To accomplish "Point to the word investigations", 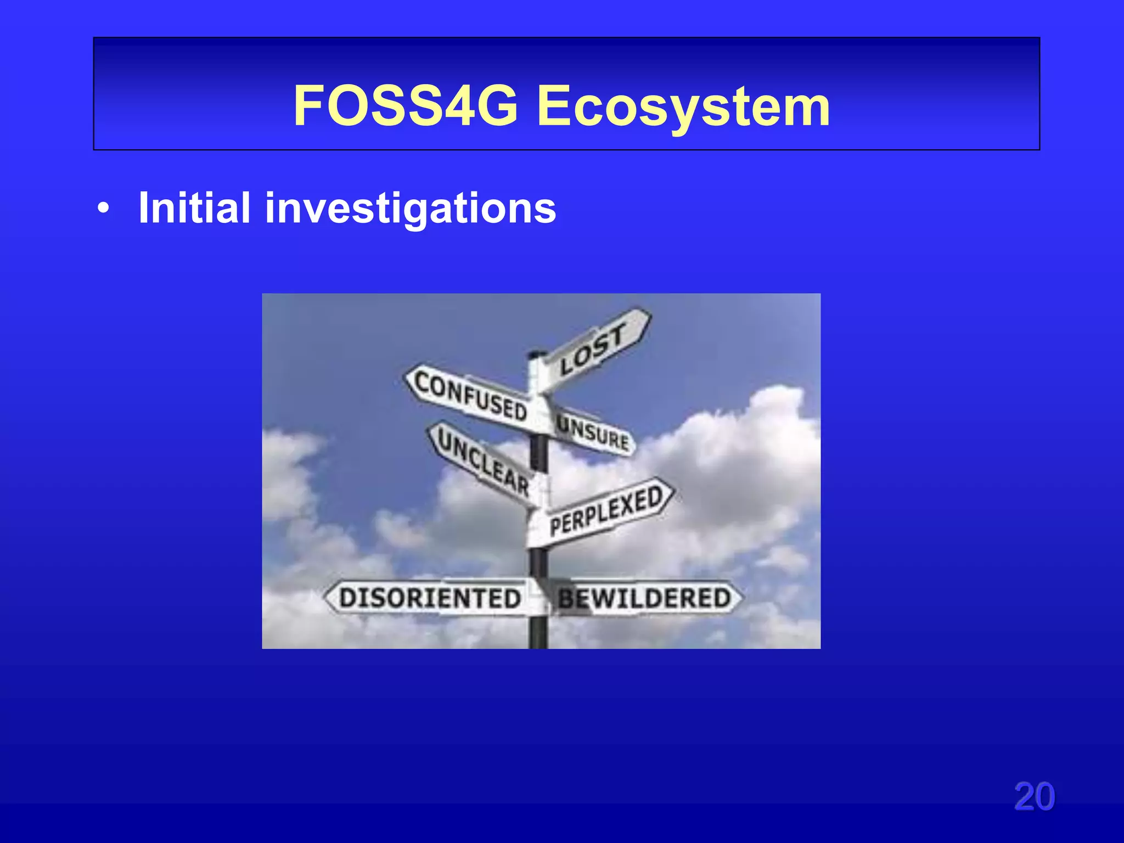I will (411, 209).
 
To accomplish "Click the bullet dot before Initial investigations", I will (103, 209).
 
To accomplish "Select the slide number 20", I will (1034, 796).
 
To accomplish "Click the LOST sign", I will (593, 349).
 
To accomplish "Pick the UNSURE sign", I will (593, 432).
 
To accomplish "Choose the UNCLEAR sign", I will (483, 461).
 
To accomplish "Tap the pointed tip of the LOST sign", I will (649, 313).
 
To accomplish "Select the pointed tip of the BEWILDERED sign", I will (741, 598).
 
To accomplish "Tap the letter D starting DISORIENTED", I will (348, 598).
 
